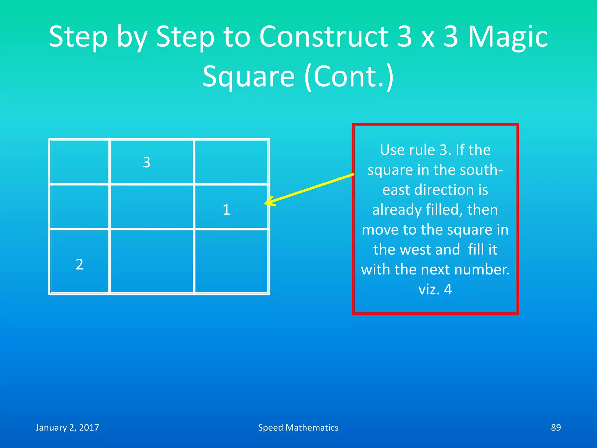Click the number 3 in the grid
147,162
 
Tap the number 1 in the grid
226,210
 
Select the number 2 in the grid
80,265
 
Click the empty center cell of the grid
152,207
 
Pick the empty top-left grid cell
80,162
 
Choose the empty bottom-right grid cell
231,261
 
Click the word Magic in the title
508,37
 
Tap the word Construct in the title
324,37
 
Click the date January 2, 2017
67,428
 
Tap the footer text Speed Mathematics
298,428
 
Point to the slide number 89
556,428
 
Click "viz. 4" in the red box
435,289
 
